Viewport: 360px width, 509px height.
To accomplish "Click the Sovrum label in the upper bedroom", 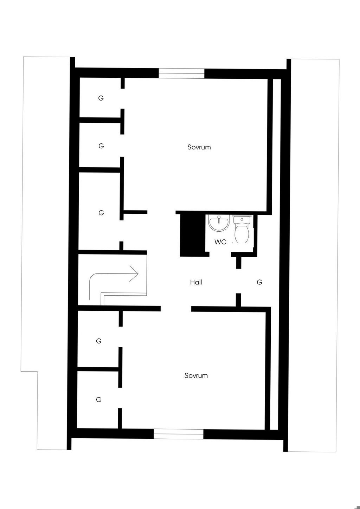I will pos(199,147).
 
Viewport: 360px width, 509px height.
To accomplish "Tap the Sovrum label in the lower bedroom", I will pos(196,375).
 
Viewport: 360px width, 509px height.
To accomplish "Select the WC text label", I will pos(220,242).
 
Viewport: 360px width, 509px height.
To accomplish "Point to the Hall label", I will pos(196,282).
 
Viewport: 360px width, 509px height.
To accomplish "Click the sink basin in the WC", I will pos(219,223).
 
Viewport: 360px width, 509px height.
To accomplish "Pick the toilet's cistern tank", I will pos(242,220).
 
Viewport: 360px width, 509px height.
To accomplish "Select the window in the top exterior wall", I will pos(181,73).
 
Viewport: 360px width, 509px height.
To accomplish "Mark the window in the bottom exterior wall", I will pos(179,434).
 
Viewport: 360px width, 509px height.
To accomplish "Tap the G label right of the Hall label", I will pos(259,282).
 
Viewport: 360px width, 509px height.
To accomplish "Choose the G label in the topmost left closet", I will pos(101,98).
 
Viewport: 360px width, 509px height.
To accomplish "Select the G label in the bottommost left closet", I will pos(99,400).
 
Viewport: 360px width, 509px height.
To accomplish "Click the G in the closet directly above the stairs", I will pos(101,213).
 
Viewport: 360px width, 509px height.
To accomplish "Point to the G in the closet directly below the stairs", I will pos(99,341).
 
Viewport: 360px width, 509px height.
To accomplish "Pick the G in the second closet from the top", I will pos(101,146).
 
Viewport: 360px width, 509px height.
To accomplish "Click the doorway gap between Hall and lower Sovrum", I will pos(176,309).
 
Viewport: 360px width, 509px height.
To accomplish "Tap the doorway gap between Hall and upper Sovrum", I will pos(161,212).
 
